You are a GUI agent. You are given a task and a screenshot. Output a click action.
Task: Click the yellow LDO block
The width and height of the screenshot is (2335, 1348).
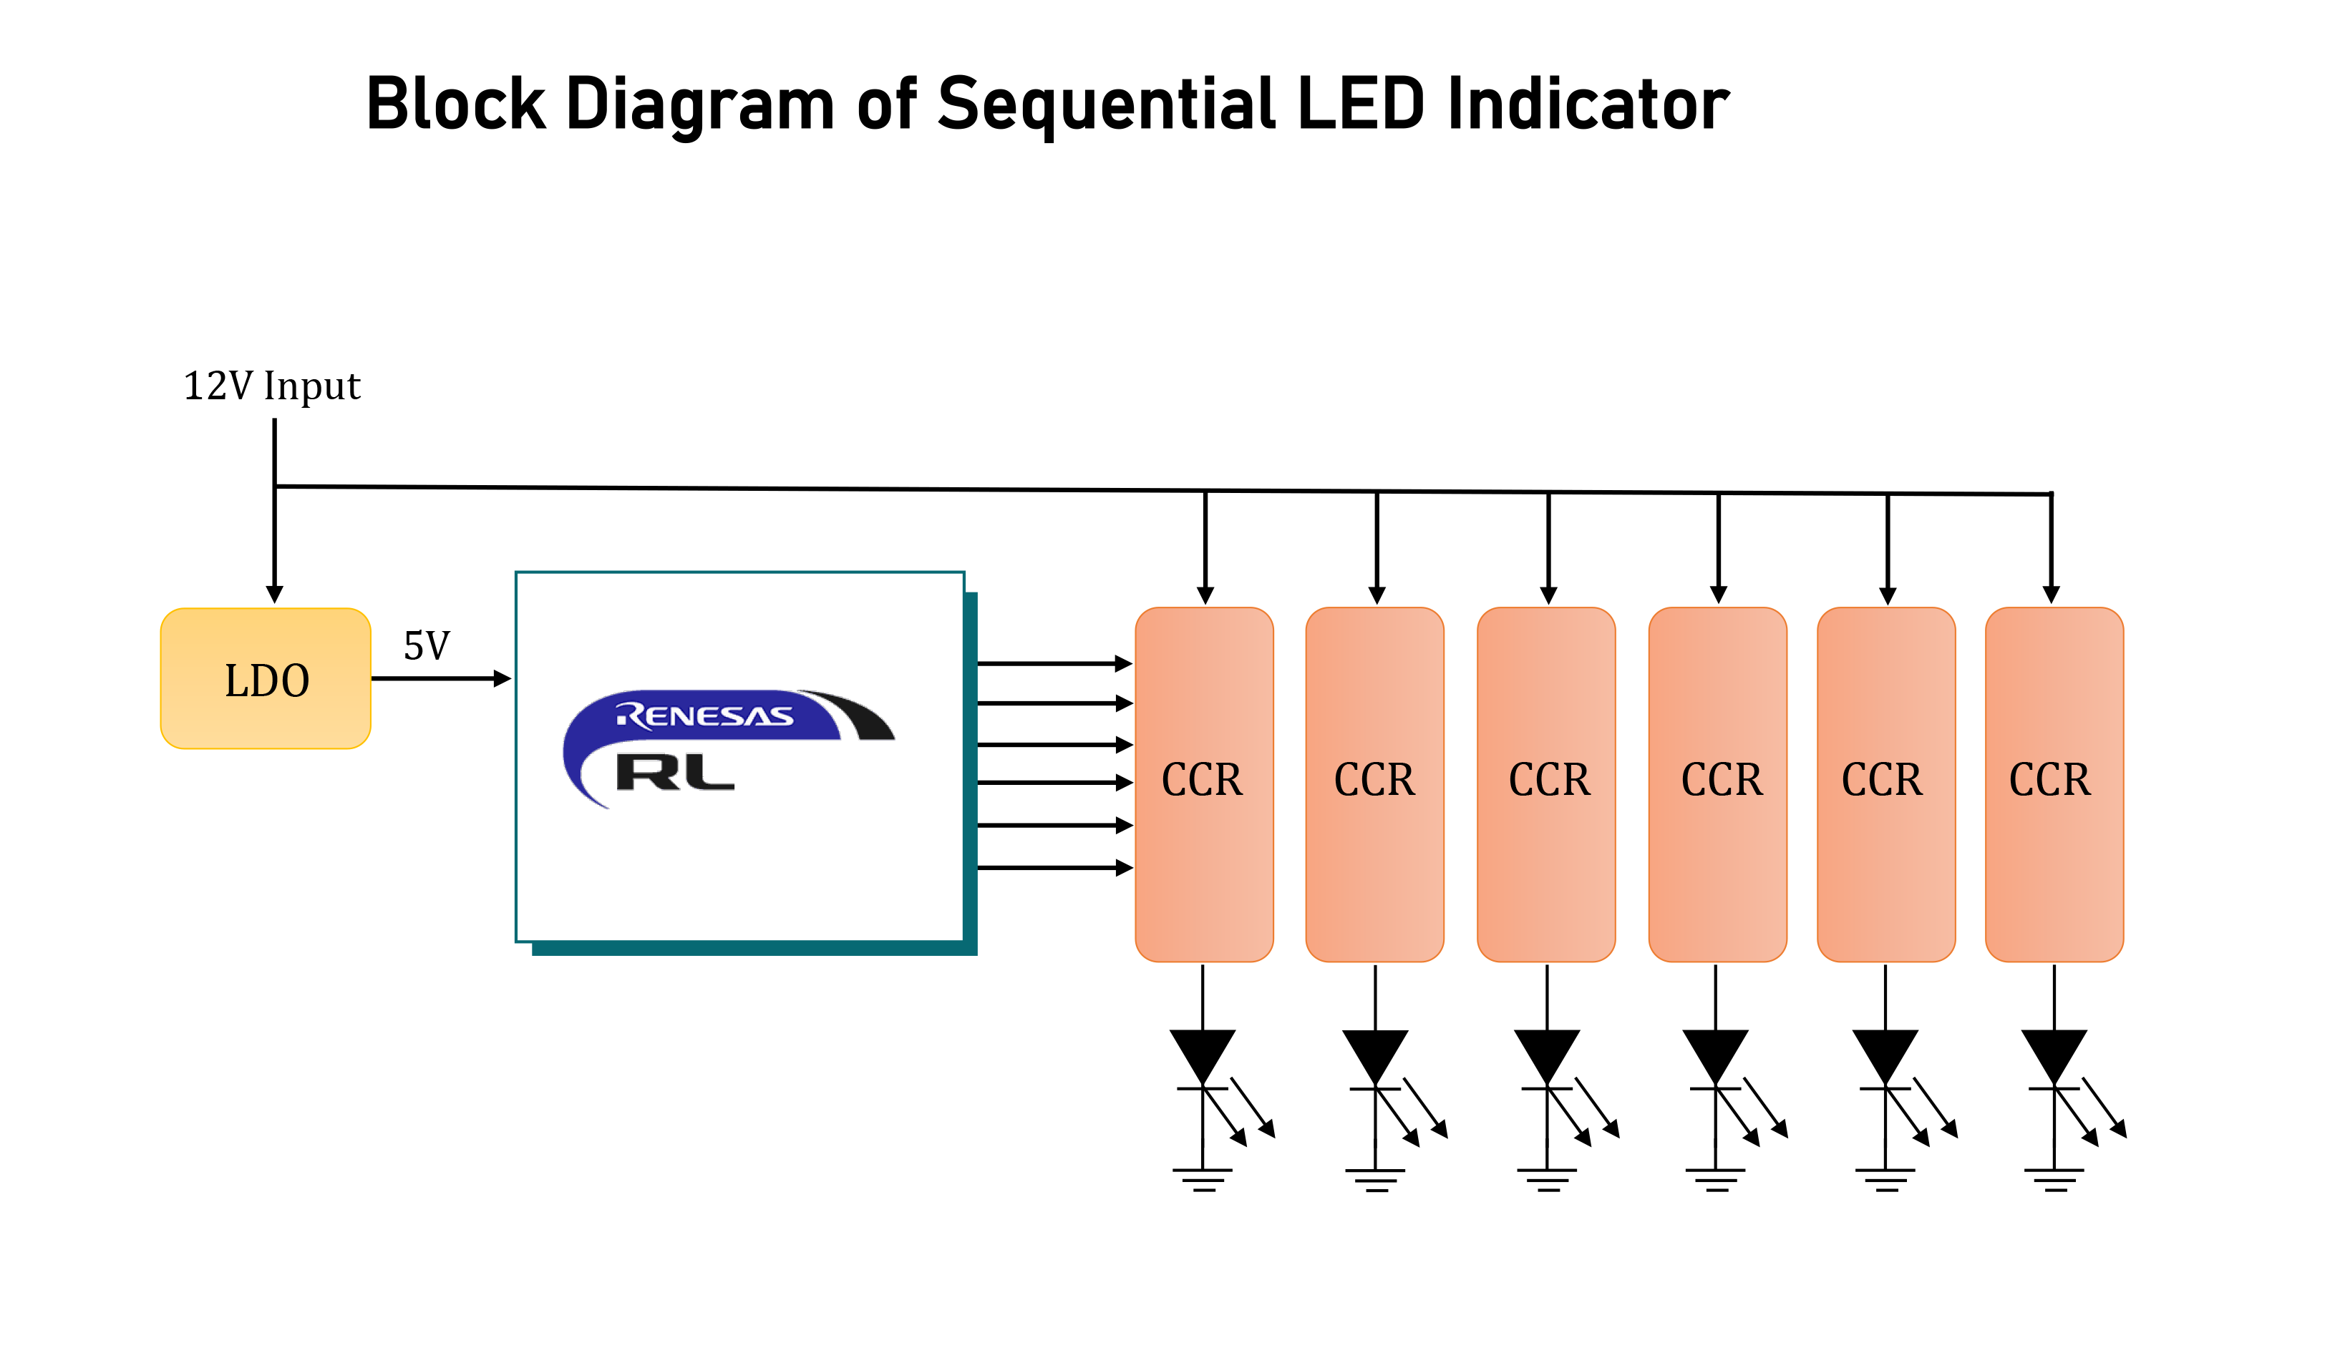coord(266,678)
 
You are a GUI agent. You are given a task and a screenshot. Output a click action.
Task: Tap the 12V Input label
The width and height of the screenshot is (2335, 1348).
coord(271,386)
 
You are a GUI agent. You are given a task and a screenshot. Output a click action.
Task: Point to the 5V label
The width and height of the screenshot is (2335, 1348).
coord(426,646)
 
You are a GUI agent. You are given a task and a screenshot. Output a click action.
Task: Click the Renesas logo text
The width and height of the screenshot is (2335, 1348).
coord(704,715)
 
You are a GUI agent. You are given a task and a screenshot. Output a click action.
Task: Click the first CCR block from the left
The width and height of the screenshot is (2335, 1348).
coord(1203,783)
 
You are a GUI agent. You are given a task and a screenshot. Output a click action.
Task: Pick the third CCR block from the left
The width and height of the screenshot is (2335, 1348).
coord(1546,783)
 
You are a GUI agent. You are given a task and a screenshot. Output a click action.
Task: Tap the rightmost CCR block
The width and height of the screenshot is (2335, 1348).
coord(2054,783)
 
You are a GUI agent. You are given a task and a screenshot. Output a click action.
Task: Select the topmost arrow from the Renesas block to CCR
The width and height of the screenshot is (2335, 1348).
coord(1054,663)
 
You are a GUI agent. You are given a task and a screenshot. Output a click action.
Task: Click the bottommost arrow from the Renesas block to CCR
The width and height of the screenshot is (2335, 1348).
coord(1054,867)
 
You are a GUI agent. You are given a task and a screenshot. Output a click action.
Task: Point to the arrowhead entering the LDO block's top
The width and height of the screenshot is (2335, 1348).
coord(274,593)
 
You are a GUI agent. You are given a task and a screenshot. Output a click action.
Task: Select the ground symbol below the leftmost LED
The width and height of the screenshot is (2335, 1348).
coord(1203,1178)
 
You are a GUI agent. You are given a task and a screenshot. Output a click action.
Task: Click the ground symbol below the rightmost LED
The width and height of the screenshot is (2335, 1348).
coord(2054,1178)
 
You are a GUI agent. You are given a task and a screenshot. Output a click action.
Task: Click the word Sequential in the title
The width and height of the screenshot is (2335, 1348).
coord(1106,104)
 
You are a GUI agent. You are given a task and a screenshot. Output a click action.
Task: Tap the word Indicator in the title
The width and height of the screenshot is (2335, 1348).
coord(1588,104)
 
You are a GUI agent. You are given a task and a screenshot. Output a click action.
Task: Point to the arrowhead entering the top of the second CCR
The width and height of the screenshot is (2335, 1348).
coord(1377,595)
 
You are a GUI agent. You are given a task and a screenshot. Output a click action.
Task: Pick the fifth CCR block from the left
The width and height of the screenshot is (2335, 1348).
coord(1885,783)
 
